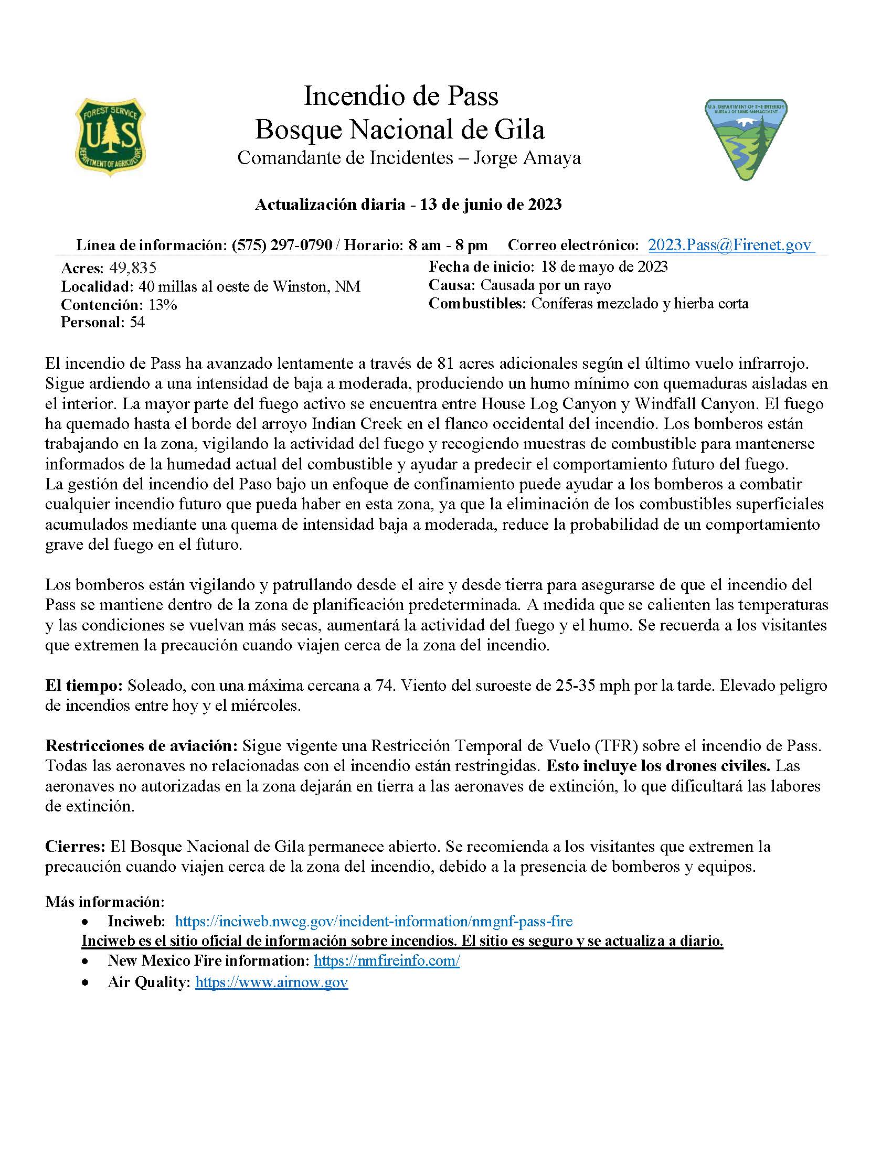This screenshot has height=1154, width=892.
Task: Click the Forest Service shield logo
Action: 110,137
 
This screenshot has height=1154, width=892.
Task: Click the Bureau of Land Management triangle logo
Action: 746,140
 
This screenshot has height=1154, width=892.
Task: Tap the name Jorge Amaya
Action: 527,157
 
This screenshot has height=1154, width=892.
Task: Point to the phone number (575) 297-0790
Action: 282,244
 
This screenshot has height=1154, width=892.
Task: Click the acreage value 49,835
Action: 133,268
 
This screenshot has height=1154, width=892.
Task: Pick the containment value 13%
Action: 163,305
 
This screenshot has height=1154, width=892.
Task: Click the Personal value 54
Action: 137,322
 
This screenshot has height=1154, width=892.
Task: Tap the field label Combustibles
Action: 477,303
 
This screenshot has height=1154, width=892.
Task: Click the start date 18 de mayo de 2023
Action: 604,266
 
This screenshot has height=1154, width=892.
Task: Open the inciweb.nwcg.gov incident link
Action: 374,921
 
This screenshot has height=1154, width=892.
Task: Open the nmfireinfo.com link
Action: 387,960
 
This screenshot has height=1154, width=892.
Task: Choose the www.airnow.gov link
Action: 272,982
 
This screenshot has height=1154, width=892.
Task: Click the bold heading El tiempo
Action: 83,686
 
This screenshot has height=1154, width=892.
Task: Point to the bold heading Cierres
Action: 75,846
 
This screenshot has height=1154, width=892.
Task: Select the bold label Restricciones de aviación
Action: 141,745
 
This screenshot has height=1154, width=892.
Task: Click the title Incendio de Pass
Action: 401,96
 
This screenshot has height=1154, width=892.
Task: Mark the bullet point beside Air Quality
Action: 85,982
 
